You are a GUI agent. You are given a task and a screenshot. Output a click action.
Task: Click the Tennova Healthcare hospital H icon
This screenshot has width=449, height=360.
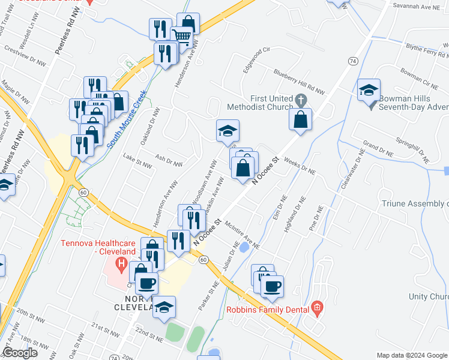(x=122, y=263)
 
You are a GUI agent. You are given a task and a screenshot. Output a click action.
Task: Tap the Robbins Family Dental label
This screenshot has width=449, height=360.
(x=268, y=310)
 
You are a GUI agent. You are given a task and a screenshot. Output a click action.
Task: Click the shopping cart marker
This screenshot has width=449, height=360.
(x=181, y=37)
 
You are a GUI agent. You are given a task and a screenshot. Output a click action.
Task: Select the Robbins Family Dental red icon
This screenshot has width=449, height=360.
(x=317, y=310)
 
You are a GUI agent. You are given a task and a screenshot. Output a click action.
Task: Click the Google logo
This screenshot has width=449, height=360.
(x=20, y=353)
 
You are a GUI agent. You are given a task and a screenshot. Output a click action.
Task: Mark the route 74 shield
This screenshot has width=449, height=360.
(x=352, y=61)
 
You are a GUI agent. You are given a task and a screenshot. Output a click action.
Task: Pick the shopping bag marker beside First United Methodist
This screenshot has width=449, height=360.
(x=300, y=120)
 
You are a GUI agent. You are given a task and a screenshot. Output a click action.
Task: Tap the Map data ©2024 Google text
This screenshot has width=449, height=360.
(x=411, y=355)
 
